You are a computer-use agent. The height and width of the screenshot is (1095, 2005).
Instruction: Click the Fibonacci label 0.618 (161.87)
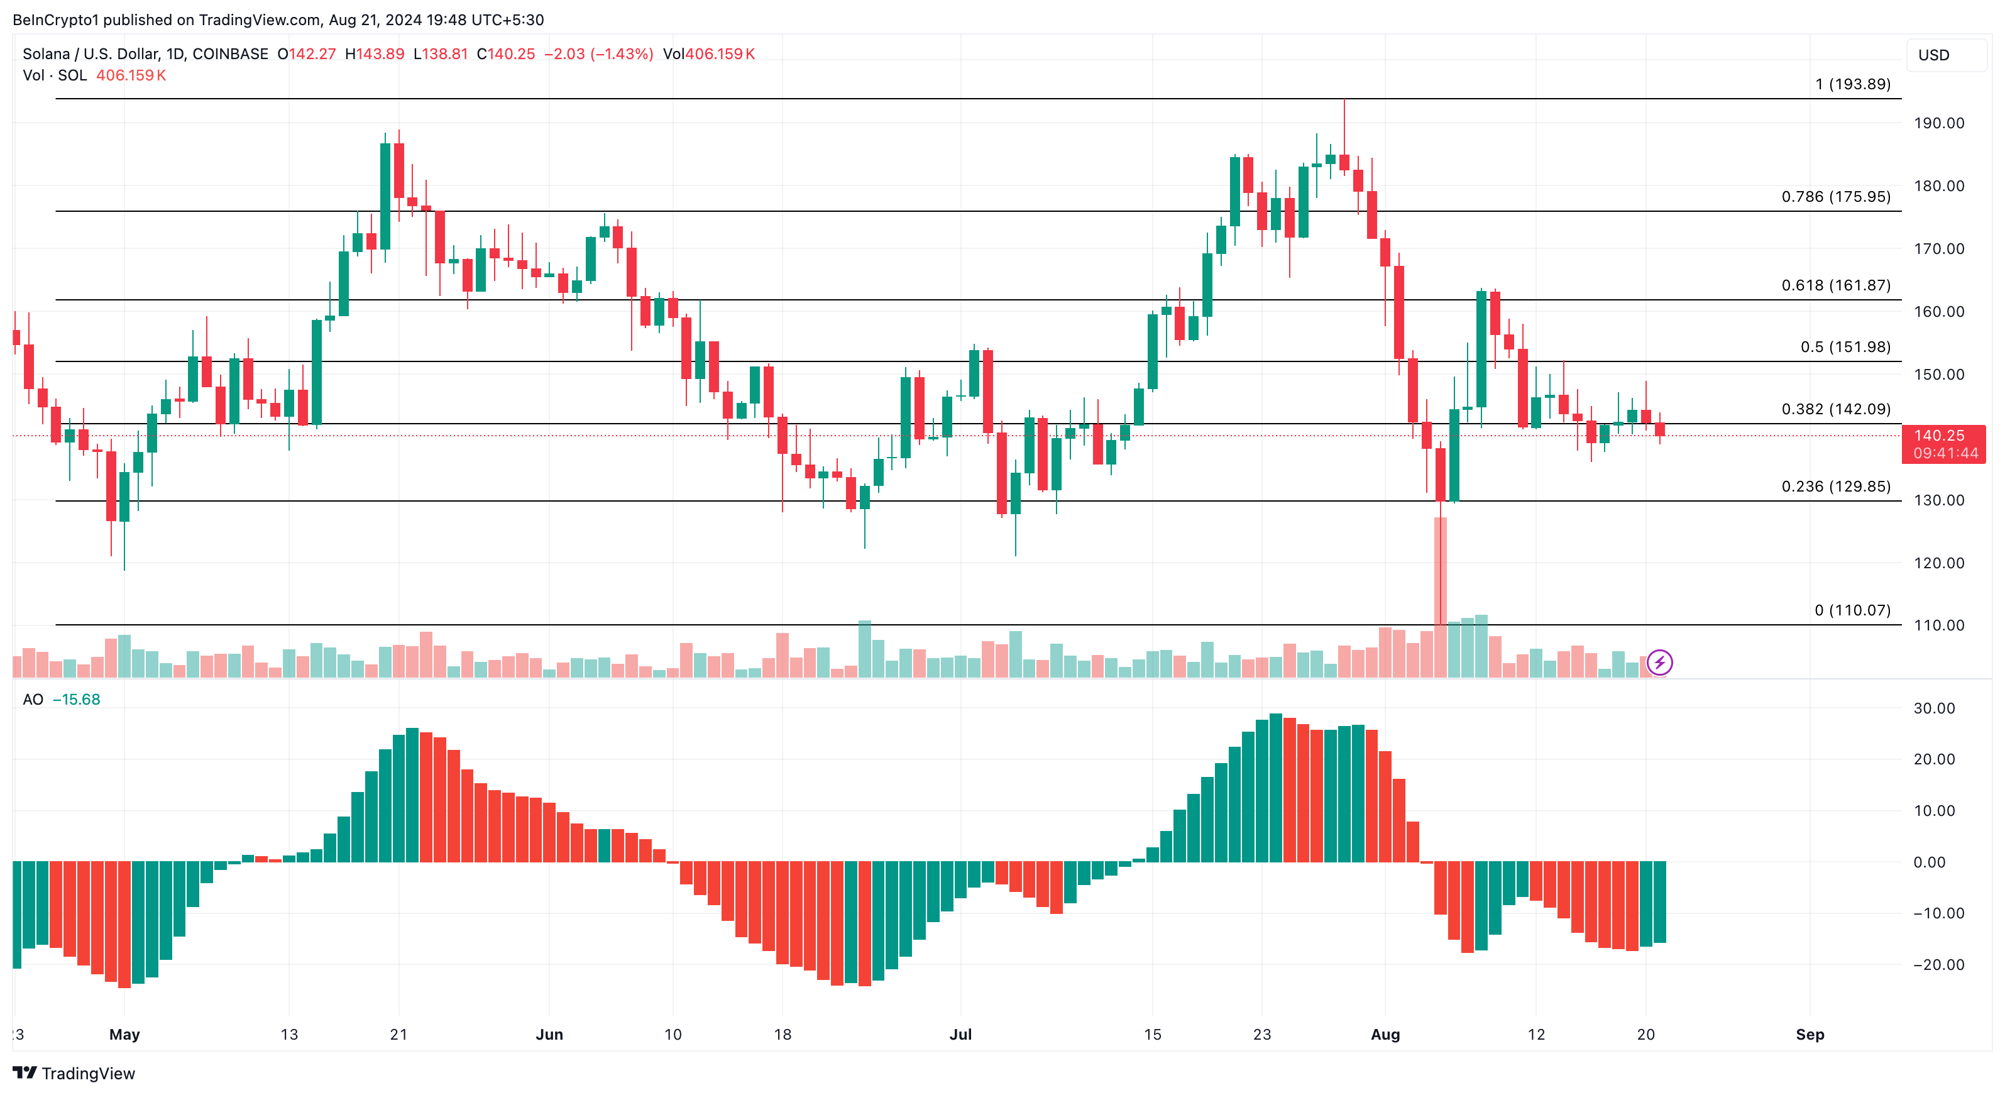click(x=1835, y=285)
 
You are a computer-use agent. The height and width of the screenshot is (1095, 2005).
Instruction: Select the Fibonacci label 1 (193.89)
click(x=1852, y=84)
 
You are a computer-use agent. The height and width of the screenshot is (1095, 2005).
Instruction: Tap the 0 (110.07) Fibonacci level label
click(x=1852, y=610)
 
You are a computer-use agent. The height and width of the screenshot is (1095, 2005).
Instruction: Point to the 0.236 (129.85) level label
click(x=1835, y=487)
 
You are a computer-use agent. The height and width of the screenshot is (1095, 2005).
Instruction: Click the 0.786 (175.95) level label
click(x=1835, y=197)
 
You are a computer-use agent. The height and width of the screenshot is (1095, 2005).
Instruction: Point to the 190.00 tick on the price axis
click(x=1939, y=123)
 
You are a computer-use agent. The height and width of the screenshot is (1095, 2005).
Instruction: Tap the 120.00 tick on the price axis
click(x=1939, y=563)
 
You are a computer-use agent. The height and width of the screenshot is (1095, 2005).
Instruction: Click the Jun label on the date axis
click(x=549, y=1034)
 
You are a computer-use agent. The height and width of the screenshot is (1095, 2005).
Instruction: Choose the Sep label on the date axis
click(x=1810, y=1034)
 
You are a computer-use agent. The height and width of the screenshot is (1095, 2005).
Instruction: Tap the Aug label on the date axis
click(x=1385, y=1034)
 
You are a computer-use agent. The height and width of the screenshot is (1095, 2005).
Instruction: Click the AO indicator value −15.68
click(x=76, y=700)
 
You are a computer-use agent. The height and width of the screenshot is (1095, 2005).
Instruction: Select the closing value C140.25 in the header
click(x=506, y=53)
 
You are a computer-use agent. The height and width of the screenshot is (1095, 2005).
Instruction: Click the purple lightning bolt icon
click(x=1659, y=663)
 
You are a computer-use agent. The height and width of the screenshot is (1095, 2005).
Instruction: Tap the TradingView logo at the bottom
click(x=74, y=1073)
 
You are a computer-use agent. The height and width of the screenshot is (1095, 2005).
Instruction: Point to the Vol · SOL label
click(x=55, y=75)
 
